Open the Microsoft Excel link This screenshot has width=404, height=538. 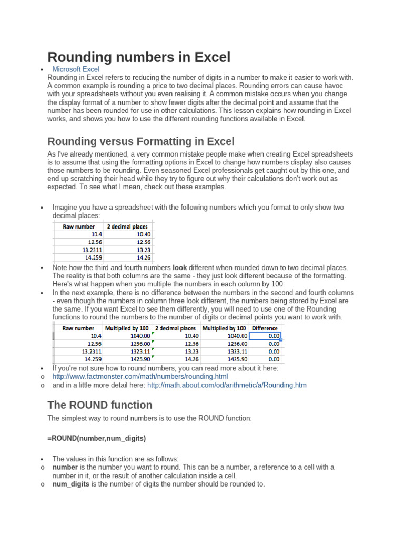(x=76, y=69)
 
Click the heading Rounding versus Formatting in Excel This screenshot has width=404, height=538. (x=140, y=141)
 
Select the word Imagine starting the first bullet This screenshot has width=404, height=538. (x=67, y=208)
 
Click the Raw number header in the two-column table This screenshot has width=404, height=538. (x=79, y=227)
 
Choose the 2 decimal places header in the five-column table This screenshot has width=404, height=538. (x=175, y=328)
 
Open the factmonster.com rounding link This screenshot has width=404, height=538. (x=140, y=377)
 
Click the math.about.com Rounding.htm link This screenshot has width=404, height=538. (x=227, y=385)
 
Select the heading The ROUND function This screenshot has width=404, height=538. (x=100, y=405)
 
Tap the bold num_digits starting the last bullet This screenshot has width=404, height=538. (x=71, y=484)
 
